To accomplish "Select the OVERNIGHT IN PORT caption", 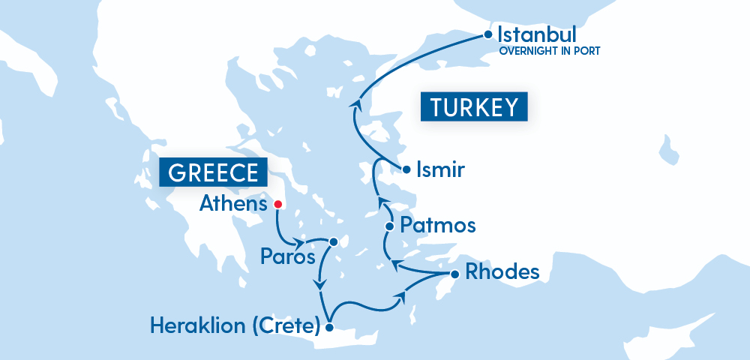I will pos(550,52).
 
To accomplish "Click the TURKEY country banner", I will pos(474,106).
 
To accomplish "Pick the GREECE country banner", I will pos(213,172).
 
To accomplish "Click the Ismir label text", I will pos(440,170).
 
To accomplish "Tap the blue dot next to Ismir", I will pos(406,169).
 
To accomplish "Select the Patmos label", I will pos(437,225).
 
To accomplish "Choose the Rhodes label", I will pos(502,271).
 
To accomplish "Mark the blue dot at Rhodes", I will pos(454,273).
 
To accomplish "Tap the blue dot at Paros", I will pos(333,241).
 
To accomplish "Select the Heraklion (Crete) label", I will pos(235,326).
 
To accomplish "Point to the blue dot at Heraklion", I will pos(328,327).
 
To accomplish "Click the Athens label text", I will pos(233,204).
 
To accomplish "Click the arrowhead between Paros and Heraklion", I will pos(321,285).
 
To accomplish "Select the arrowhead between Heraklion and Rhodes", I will pos(402,298).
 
